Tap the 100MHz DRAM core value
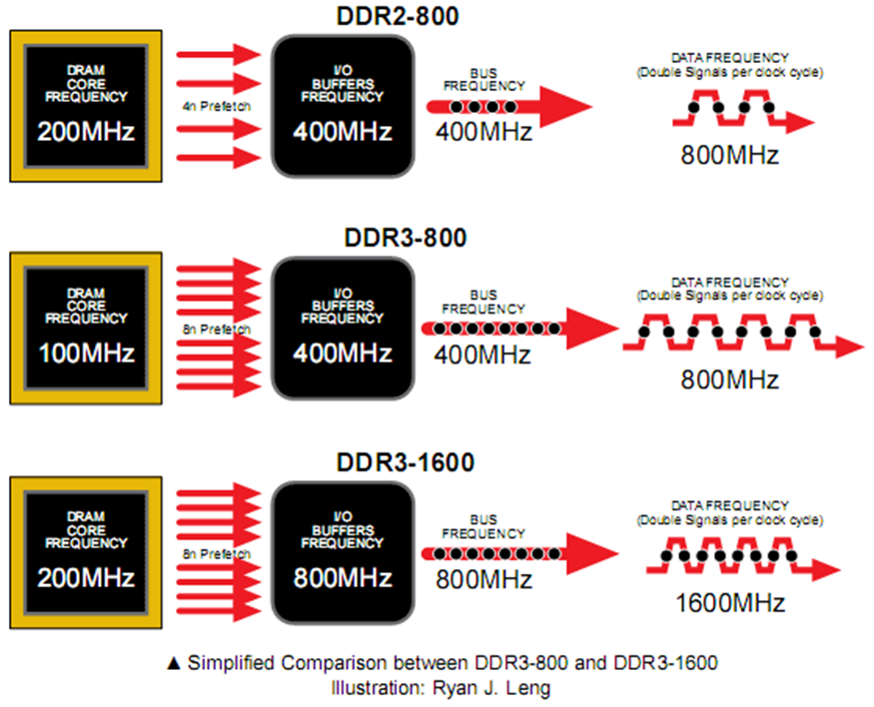pyautogui.click(x=85, y=354)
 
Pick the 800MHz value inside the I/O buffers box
pyautogui.click(x=343, y=579)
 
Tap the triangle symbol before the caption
pyautogui.click(x=173, y=663)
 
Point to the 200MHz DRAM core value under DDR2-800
pyautogui.click(x=85, y=132)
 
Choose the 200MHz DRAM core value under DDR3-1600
pyautogui.click(x=85, y=579)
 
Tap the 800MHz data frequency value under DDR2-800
pyautogui.click(x=729, y=156)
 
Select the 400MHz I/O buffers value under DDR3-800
pyautogui.click(x=343, y=354)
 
